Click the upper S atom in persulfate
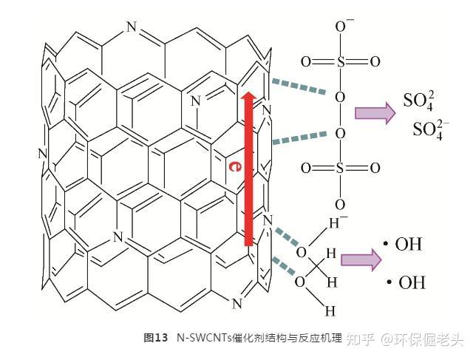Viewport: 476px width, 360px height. pos(340,62)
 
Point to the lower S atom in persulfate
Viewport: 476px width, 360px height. pos(340,169)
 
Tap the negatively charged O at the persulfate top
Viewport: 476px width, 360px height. pos(341,27)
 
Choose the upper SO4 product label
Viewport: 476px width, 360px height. pos(418,100)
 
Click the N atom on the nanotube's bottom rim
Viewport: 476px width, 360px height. pos(237,302)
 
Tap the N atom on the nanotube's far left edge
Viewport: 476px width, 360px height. pos(42,154)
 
